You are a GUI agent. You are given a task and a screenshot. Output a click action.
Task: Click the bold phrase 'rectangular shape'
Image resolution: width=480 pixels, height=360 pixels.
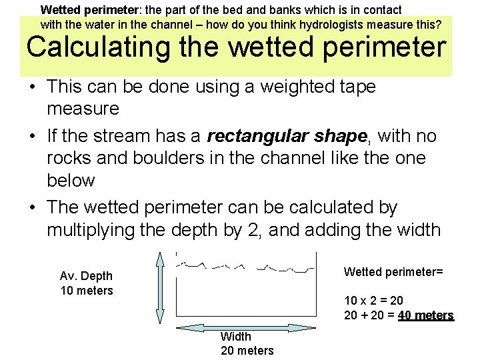click(287, 137)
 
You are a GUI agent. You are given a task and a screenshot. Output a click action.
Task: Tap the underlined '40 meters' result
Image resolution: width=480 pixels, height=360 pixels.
click(425, 315)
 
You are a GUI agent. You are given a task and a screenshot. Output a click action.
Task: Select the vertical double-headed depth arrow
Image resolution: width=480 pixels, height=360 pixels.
click(159, 287)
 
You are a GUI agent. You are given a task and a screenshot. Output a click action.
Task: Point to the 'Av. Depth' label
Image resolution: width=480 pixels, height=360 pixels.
click(86, 276)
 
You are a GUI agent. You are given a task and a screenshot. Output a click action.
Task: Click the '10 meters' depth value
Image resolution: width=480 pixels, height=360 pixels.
click(86, 291)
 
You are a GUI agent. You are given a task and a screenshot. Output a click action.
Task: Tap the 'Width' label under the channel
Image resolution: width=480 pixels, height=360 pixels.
click(236, 337)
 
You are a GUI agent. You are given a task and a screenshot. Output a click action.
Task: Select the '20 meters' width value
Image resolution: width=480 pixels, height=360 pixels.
click(247, 351)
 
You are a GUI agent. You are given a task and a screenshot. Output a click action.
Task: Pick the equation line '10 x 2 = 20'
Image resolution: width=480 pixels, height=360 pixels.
click(373, 301)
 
